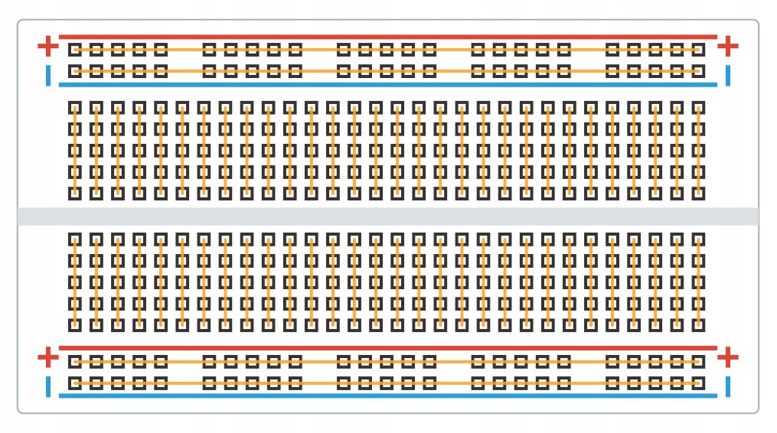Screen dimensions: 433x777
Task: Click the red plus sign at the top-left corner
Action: coord(47,46)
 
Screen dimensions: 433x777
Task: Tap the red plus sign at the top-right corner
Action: coord(728,46)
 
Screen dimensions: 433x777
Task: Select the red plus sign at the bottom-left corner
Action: coord(47,356)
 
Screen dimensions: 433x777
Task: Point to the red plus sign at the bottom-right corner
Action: coord(728,356)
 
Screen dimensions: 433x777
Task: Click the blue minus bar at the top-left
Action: coord(48,75)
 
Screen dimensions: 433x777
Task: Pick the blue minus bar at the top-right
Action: coord(728,75)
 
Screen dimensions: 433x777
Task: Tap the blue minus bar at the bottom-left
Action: coord(48,386)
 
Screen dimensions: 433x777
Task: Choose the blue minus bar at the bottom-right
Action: coord(728,386)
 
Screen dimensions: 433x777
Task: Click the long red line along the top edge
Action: coord(388,36)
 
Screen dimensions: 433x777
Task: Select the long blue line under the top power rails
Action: coord(388,84)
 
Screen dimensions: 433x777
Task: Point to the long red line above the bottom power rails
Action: coord(388,347)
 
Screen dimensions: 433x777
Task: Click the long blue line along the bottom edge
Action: coord(388,396)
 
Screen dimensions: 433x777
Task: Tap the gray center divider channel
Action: coord(388,216)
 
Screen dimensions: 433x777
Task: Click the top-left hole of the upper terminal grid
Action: coord(74,108)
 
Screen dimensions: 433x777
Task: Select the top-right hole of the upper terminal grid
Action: coord(698,108)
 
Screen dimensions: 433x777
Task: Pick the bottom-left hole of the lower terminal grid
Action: coord(74,325)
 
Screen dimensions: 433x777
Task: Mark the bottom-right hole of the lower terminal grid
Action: coord(698,325)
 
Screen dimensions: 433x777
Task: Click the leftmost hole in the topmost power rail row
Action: coord(74,50)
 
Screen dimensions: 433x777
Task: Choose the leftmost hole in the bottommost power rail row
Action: coord(74,383)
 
